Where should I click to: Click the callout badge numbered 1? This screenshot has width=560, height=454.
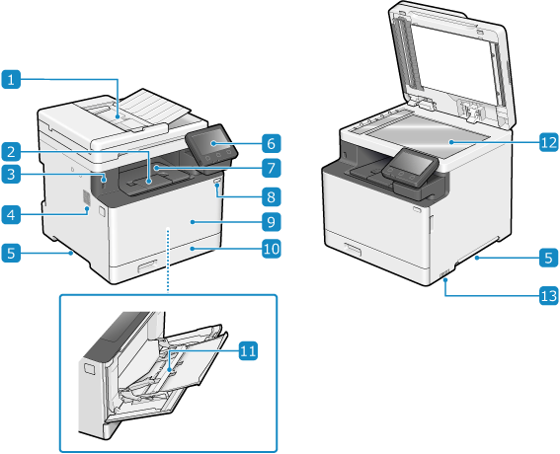[x=11, y=79]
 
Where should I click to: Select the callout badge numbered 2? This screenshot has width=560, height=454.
[x=11, y=152]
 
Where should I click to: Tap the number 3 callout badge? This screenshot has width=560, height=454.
[x=11, y=175]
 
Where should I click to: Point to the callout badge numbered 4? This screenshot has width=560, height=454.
[x=11, y=215]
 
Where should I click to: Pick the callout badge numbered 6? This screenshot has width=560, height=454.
[x=271, y=143]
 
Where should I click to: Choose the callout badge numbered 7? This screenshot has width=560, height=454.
[x=271, y=168]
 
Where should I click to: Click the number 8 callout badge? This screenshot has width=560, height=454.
[x=271, y=196]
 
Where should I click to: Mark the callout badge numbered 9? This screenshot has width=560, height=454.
[x=271, y=222]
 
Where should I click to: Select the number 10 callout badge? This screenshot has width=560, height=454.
[x=271, y=249]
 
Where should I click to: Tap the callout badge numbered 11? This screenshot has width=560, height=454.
[x=248, y=350]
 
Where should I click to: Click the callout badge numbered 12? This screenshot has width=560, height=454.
[x=548, y=142]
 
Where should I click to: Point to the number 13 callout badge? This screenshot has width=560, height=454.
[x=548, y=296]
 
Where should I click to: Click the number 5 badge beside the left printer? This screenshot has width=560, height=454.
[x=11, y=253]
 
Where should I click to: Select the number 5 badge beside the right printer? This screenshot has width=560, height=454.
[x=548, y=258]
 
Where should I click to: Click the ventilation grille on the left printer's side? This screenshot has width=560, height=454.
[x=86, y=198]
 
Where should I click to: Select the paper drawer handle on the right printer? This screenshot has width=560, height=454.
[x=353, y=249]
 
